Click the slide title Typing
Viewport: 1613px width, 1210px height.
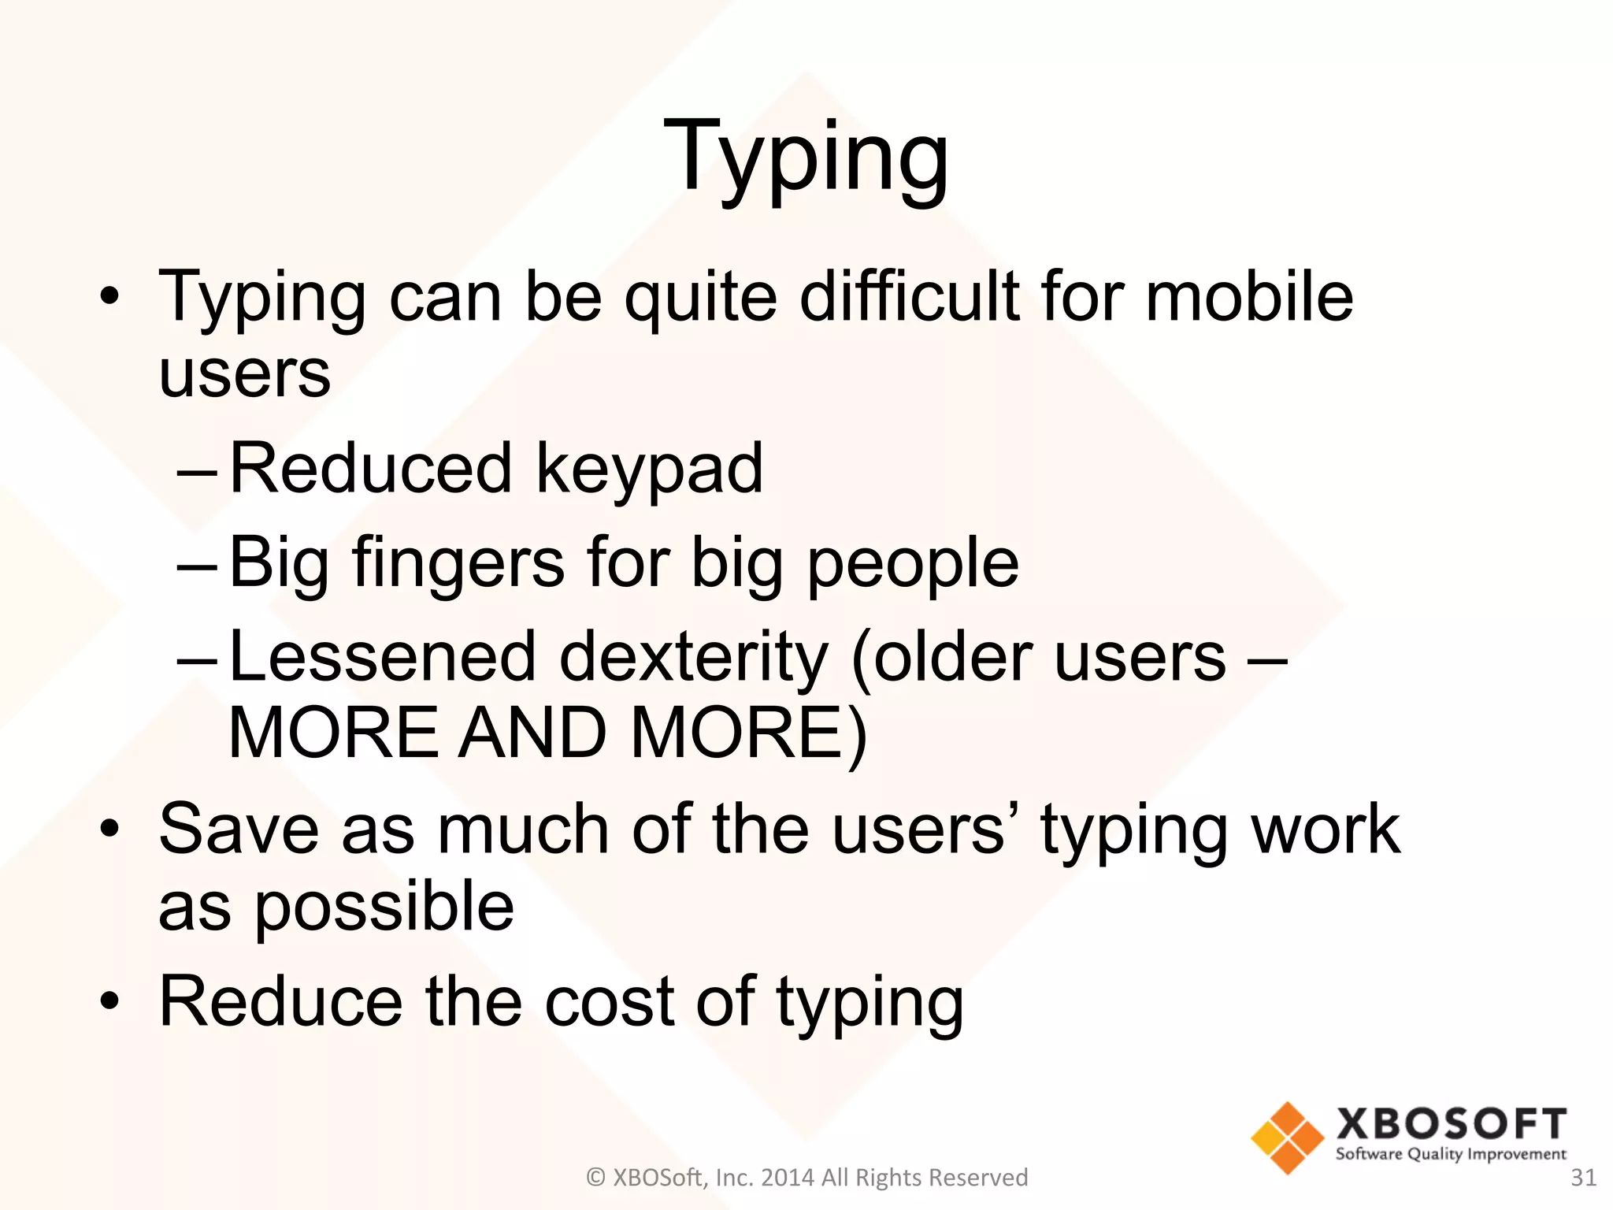click(806, 158)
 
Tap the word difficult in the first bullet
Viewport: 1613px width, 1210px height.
click(910, 297)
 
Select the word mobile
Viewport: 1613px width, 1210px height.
click(1249, 297)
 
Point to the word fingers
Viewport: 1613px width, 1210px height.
click(458, 564)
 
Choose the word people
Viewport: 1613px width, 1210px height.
click(913, 564)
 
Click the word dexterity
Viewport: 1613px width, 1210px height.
click(693, 658)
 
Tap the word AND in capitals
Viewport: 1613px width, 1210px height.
click(532, 733)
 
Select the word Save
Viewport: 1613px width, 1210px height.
click(239, 830)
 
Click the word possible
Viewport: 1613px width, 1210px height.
click(384, 907)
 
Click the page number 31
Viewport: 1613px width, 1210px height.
click(1583, 1178)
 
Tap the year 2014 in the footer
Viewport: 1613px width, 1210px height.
click(788, 1178)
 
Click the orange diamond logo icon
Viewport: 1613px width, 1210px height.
click(1287, 1138)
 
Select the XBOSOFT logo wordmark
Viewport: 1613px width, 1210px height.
click(1451, 1123)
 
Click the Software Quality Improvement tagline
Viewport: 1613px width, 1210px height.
click(1451, 1155)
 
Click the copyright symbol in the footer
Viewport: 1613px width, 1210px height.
click(596, 1178)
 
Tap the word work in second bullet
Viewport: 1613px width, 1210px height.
click(1325, 830)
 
